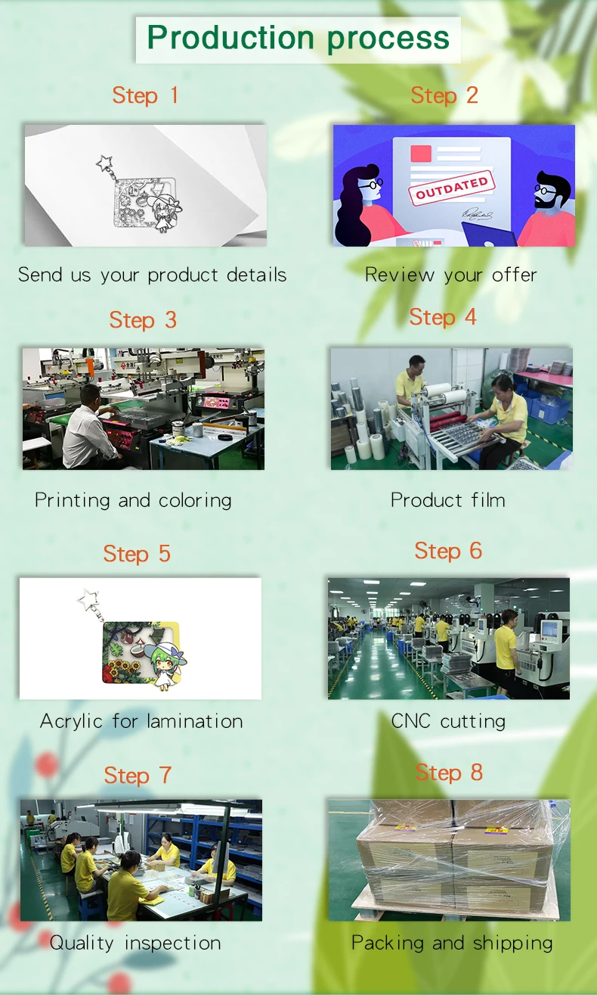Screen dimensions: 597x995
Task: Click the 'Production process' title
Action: (298, 38)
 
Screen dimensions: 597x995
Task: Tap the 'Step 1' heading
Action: (145, 95)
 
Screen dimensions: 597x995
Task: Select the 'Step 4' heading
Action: (443, 317)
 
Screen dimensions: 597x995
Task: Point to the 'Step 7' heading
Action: (138, 776)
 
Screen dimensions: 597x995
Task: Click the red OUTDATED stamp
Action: (451, 187)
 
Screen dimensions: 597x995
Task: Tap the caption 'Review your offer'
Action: (450, 275)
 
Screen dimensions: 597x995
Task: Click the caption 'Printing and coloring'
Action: (133, 500)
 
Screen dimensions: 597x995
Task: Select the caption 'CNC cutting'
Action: (448, 721)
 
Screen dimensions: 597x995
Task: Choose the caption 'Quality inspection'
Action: (135, 943)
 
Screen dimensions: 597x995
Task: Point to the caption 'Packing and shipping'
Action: (452, 943)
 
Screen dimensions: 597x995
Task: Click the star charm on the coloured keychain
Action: (90, 602)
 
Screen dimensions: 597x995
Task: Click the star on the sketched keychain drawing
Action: (104, 163)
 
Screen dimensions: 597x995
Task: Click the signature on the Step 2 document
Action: (478, 216)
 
